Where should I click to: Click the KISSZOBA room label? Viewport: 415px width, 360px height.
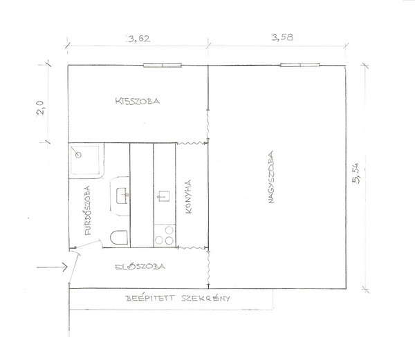coord(138,101)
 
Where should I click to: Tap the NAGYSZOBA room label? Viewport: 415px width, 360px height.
coord(270,178)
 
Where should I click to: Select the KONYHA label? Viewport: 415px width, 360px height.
coord(189,197)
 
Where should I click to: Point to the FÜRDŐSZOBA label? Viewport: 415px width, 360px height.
coord(87,210)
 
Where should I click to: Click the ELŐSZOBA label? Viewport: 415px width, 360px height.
coord(140,267)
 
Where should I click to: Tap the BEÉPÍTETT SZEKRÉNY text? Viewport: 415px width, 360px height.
coord(177,299)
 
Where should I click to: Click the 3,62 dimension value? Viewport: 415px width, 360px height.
coord(139,39)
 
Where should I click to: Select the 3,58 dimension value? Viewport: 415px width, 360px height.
coord(282,37)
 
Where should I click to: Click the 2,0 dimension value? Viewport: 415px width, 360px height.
coord(41,108)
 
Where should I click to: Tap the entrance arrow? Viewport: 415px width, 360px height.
coord(52,267)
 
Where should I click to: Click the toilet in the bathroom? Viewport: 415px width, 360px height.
coord(119,237)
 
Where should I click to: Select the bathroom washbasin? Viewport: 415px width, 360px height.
coord(122,196)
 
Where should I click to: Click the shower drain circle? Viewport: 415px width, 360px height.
coord(77,155)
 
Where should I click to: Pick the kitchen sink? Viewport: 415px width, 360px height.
coord(164,196)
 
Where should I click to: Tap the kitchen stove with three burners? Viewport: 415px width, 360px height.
coord(165,236)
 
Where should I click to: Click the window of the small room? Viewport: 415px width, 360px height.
coord(163,65)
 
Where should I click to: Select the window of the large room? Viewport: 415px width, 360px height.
coord(300,65)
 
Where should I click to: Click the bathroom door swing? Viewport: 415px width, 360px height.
coord(89,244)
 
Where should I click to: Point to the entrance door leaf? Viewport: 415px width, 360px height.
coord(74,267)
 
